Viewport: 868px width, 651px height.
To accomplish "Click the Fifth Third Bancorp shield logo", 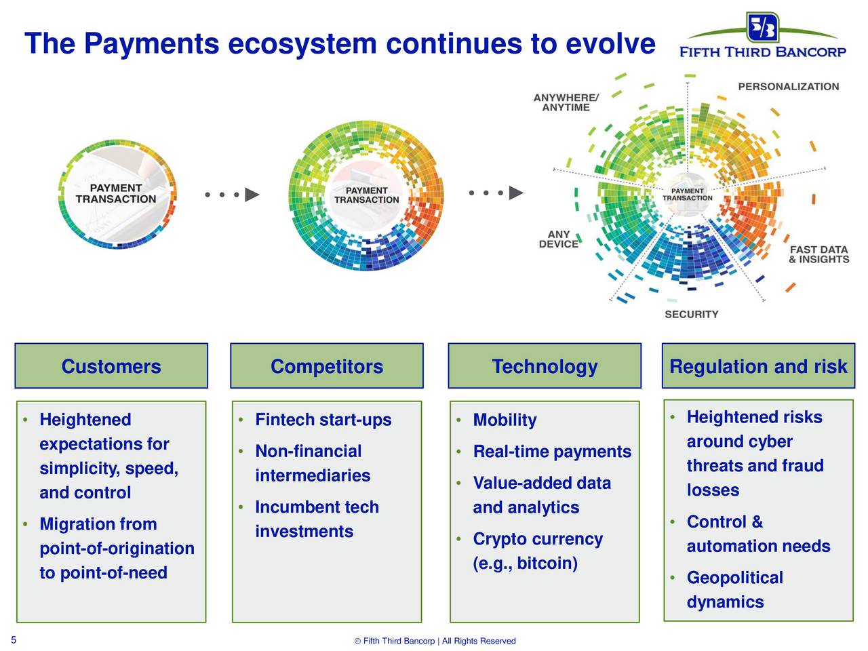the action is [762, 27].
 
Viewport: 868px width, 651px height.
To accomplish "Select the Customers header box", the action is [111, 366].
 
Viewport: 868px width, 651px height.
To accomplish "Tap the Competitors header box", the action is [327, 366].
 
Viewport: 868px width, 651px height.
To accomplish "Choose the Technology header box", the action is [545, 366].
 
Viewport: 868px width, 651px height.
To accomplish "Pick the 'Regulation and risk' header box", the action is [758, 366].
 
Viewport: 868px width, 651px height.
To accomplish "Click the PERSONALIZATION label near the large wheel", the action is [788, 87].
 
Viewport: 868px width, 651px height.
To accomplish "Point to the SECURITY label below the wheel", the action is [691, 314].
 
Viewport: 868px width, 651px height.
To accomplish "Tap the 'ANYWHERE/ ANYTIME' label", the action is [566, 102].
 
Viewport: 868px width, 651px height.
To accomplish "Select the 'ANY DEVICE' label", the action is [558, 239].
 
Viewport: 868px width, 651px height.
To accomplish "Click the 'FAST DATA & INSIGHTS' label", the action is [818, 254].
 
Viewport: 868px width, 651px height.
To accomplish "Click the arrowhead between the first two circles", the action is [252, 195].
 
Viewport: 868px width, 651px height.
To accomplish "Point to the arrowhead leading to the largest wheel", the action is [516, 193].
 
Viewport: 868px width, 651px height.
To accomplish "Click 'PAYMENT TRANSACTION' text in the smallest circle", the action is [116, 193].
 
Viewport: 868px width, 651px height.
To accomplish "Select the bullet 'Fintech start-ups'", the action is [323, 420].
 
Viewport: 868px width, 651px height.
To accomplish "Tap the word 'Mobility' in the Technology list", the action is [505, 420].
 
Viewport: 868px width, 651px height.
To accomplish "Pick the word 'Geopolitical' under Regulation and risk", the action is [734, 578].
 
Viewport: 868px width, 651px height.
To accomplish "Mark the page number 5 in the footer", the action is [14, 639].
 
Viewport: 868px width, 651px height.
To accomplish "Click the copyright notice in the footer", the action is [435, 641].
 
